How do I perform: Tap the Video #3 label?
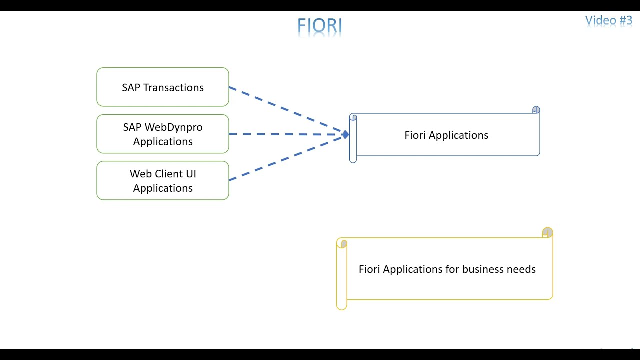[608, 20]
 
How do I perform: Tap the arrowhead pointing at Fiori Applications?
[346, 134]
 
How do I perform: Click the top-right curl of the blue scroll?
[536, 110]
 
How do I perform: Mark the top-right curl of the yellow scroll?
[547, 232]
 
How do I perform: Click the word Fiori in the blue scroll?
[415, 135]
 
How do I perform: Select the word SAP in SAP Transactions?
[131, 88]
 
